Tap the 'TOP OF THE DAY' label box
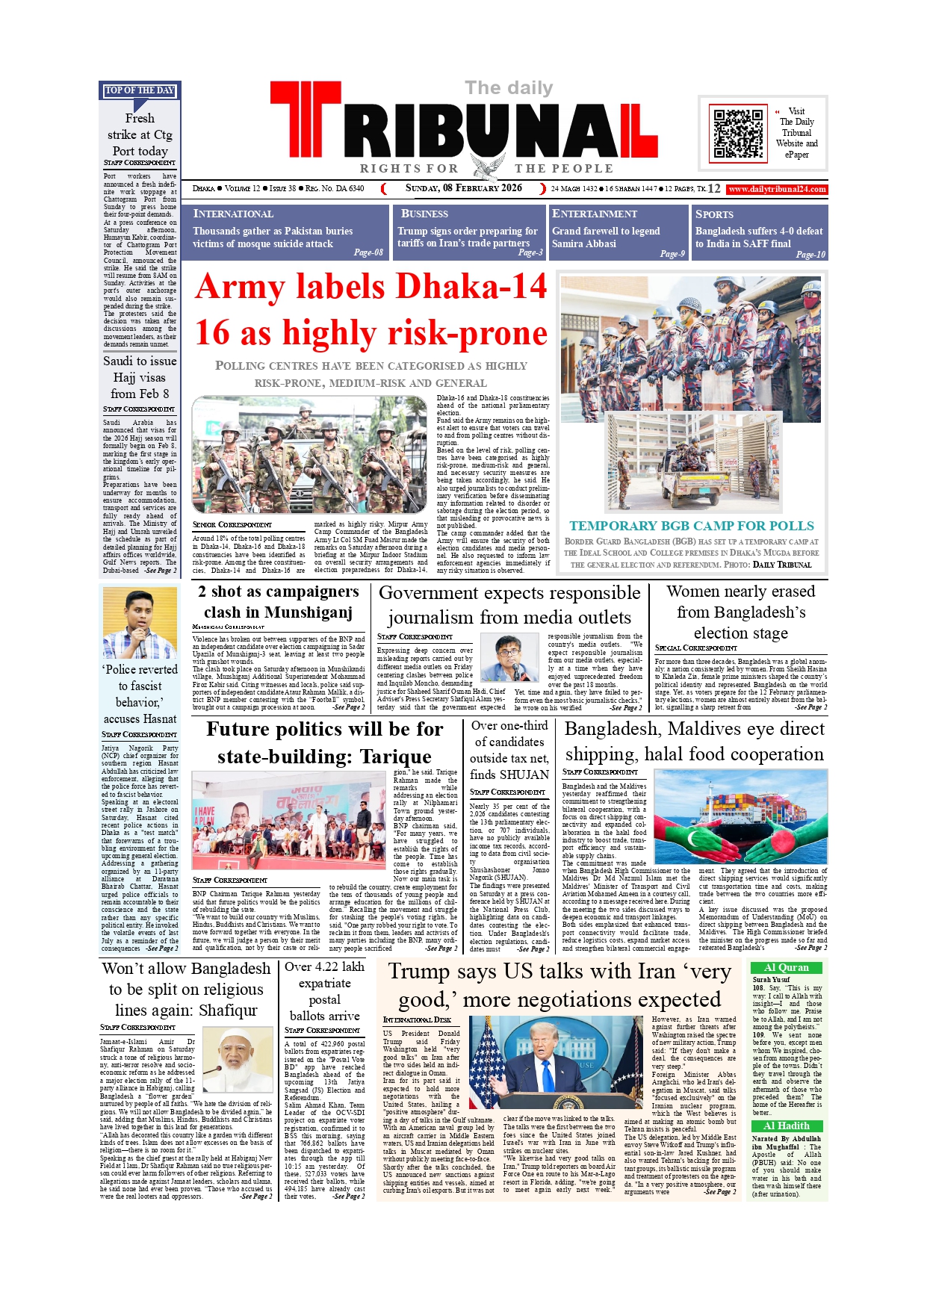click(140, 90)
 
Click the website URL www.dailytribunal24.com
click(777, 189)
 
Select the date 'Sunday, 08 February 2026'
click(463, 188)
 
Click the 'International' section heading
click(233, 214)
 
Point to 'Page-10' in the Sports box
click(810, 255)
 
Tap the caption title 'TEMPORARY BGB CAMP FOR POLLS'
click(691, 526)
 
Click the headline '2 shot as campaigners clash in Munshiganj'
click(278, 602)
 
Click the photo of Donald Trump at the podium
click(557, 1066)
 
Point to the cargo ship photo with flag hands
click(740, 816)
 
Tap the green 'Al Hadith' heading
click(786, 1126)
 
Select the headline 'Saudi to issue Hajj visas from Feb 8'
click(140, 377)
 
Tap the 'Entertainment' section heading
click(594, 214)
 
